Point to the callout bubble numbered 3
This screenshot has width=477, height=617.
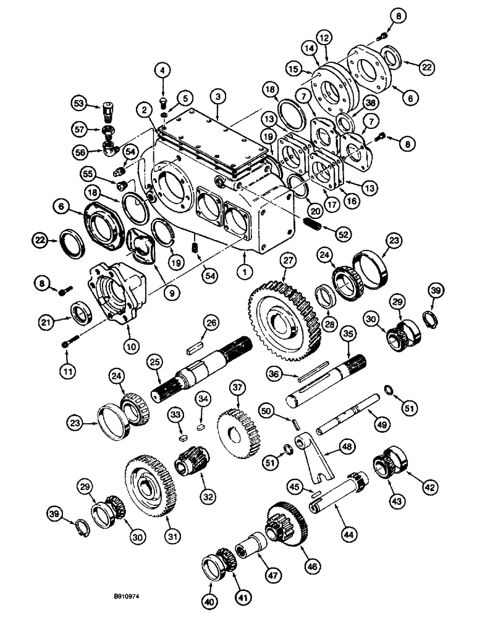click(x=217, y=96)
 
